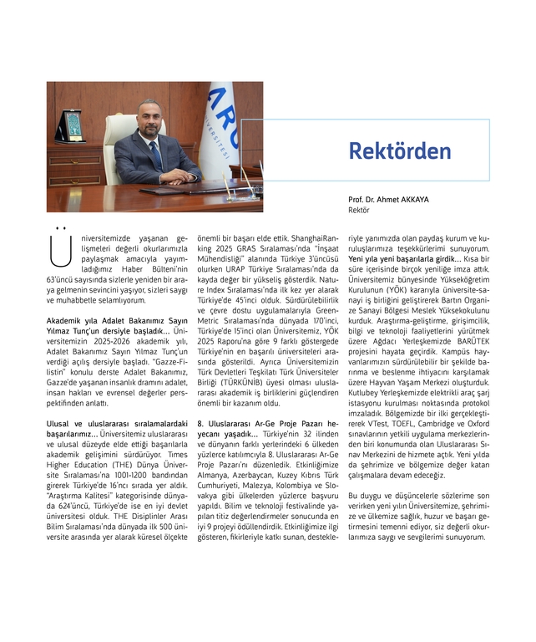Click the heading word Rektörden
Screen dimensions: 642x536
pyautogui.click(x=399, y=150)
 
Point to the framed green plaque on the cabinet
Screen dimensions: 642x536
pyautogui.click(x=73, y=126)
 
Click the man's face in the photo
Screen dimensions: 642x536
pyautogui.click(x=150, y=117)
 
